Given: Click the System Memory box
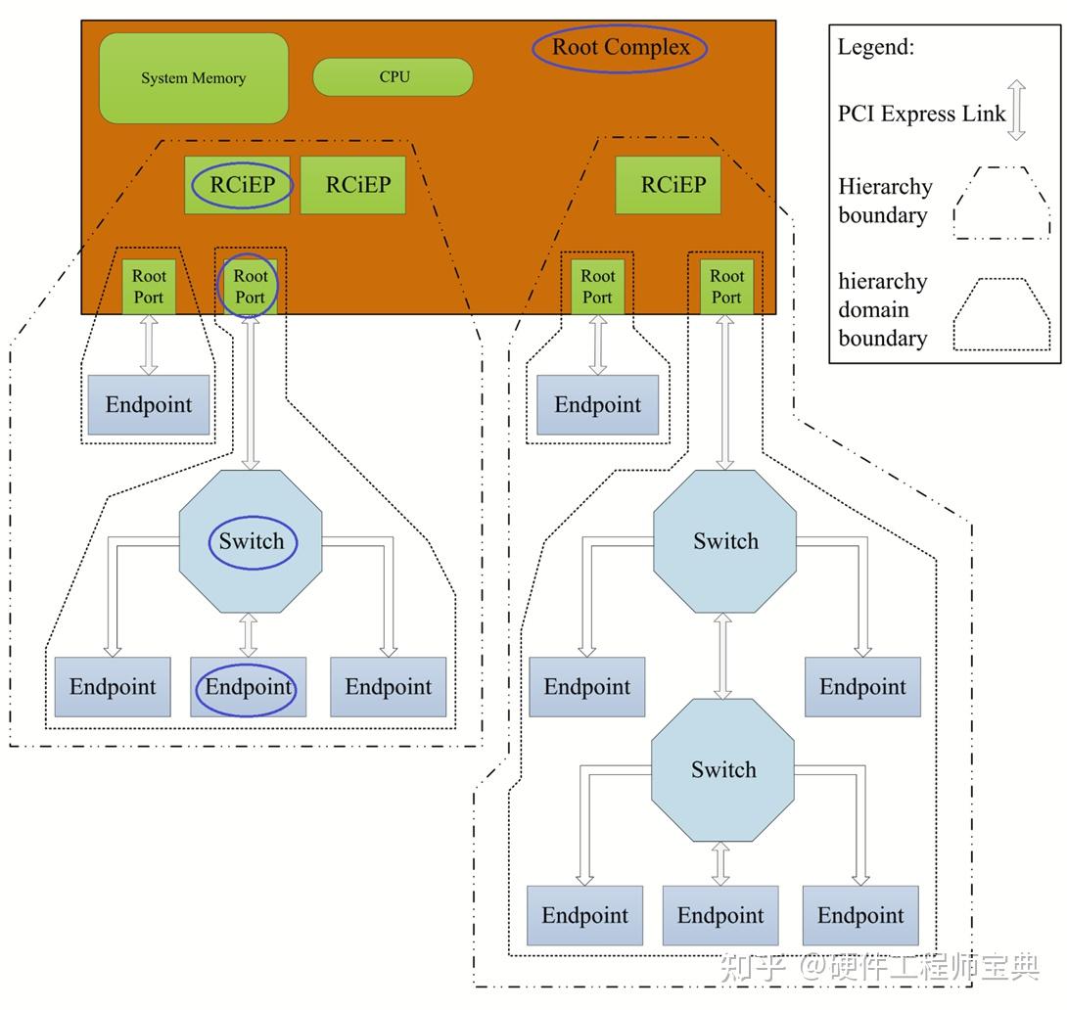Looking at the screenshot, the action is (193, 78).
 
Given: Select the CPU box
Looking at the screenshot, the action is (393, 77).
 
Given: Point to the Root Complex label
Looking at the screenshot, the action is (621, 47).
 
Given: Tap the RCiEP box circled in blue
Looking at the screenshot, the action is (238, 185).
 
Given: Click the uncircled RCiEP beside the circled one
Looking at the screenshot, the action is (353, 185).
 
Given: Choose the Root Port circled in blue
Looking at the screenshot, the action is (251, 287).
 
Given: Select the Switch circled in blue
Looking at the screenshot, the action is (251, 541).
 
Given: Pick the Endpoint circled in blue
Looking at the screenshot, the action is (249, 687).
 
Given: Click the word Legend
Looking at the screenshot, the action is (876, 47).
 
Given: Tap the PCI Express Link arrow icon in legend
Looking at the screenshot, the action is (1017, 111).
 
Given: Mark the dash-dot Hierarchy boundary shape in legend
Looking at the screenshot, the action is (1001, 203).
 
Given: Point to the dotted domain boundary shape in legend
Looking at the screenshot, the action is (1001, 313).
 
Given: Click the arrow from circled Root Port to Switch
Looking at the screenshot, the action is (251, 392).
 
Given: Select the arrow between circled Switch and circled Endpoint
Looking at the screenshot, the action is (249, 635).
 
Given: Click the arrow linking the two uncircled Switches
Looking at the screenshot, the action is (722, 657).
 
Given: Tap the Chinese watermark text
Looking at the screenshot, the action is (879, 967).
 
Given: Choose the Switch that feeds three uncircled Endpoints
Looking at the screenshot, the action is (722, 770).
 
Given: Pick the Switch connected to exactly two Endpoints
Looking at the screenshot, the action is (724, 541).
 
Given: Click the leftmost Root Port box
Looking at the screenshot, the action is (149, 287).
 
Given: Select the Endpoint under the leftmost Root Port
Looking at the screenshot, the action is (149, 404).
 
